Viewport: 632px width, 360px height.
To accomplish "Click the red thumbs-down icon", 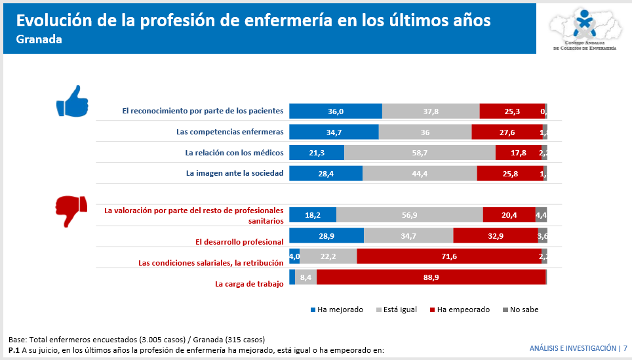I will point(71,210).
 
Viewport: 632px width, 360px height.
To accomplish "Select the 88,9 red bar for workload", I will point(431,277).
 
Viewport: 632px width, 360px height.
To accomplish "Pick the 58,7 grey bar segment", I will point(420,153).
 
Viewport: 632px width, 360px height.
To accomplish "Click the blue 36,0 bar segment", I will point(336,111).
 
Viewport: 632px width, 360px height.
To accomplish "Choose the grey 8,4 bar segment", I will point(306,277).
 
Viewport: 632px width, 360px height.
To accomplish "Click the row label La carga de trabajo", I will point(249,284).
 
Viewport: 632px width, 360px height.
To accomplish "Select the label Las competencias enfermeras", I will point(229,132).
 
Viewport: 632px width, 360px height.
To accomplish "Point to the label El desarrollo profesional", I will point(239,241).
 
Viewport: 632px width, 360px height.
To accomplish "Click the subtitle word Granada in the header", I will point(39,40).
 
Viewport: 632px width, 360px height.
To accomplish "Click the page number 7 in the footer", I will point(625,348).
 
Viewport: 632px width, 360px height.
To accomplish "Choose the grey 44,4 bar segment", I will point(420,173).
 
